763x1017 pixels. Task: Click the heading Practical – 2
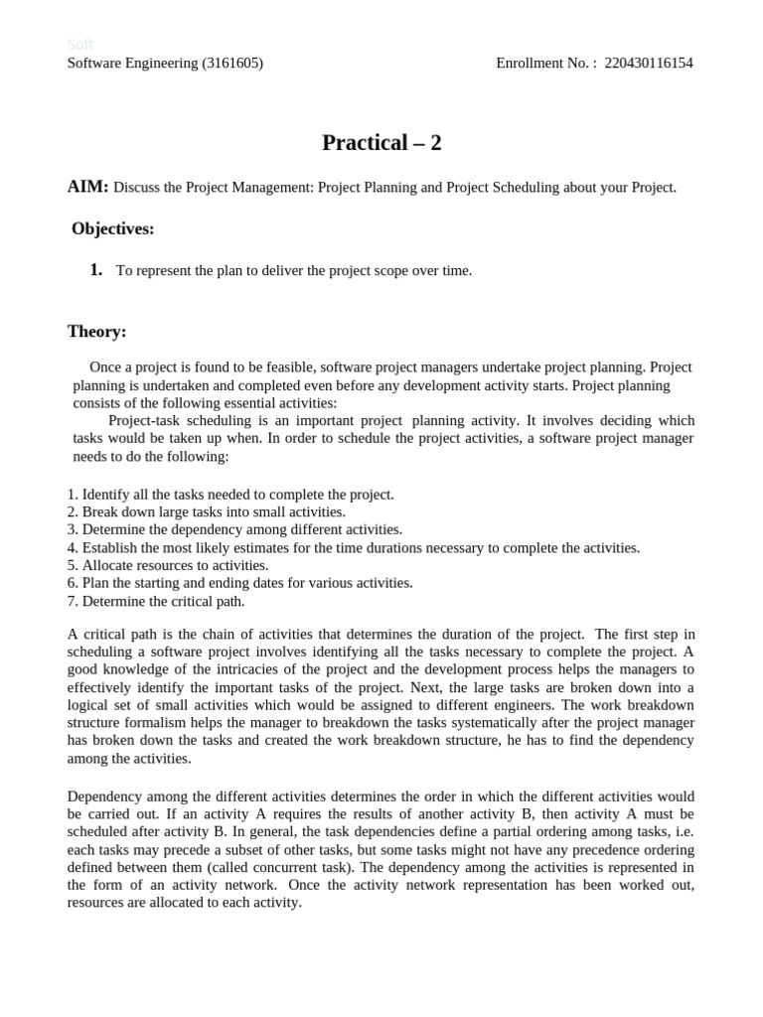[381, 143]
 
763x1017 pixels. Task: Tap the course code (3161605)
[232, 64]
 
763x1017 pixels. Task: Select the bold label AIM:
[87, 187]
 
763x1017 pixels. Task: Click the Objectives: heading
[112, 229]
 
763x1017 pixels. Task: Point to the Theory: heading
[96, 332]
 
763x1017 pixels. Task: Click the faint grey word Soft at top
[79, 44]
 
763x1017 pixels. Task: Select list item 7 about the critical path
[156, 601]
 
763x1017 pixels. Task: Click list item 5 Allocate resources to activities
[168, 565]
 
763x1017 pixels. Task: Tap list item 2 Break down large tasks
[207, 511]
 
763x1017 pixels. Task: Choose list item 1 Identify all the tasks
[230, 494]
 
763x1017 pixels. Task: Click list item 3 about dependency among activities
[234, 529]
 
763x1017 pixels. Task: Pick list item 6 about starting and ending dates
[239, 583]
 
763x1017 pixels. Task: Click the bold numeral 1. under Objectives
[96, 270]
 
